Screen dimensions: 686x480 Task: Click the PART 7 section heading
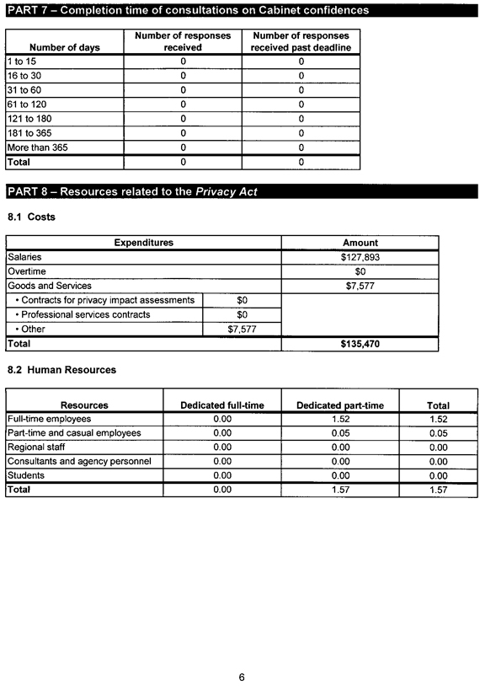(x=188, y=10)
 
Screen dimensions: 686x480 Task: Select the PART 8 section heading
(x=132, y=191)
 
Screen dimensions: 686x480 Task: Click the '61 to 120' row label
(x=27, y=105)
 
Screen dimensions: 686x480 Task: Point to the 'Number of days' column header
(x=64, y=47)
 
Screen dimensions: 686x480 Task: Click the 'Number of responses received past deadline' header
(x=301, y=41)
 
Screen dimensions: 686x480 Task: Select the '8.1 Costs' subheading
(x=31, y=217)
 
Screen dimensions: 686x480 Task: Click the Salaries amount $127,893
(x=360, y=257)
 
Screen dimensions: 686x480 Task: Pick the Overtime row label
(x=27, y=271)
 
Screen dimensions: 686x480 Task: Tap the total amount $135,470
(x=360, y=345)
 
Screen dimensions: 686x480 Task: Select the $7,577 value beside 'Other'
(x=242, y=330)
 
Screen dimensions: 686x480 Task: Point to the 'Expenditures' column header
(x=143, y=243)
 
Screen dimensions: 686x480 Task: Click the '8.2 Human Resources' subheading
(x=61, y=370)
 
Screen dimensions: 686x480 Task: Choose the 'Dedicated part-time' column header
(x=340, y=405)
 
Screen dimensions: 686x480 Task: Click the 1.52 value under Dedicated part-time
(x=340, y=419)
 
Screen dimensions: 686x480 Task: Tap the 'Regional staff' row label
(x=36, y=447)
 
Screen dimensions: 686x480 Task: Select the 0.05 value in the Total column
(x=438, y=433)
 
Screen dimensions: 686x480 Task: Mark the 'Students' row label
(x=26, y=475)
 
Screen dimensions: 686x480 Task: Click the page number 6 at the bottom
(x=242, y=677)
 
